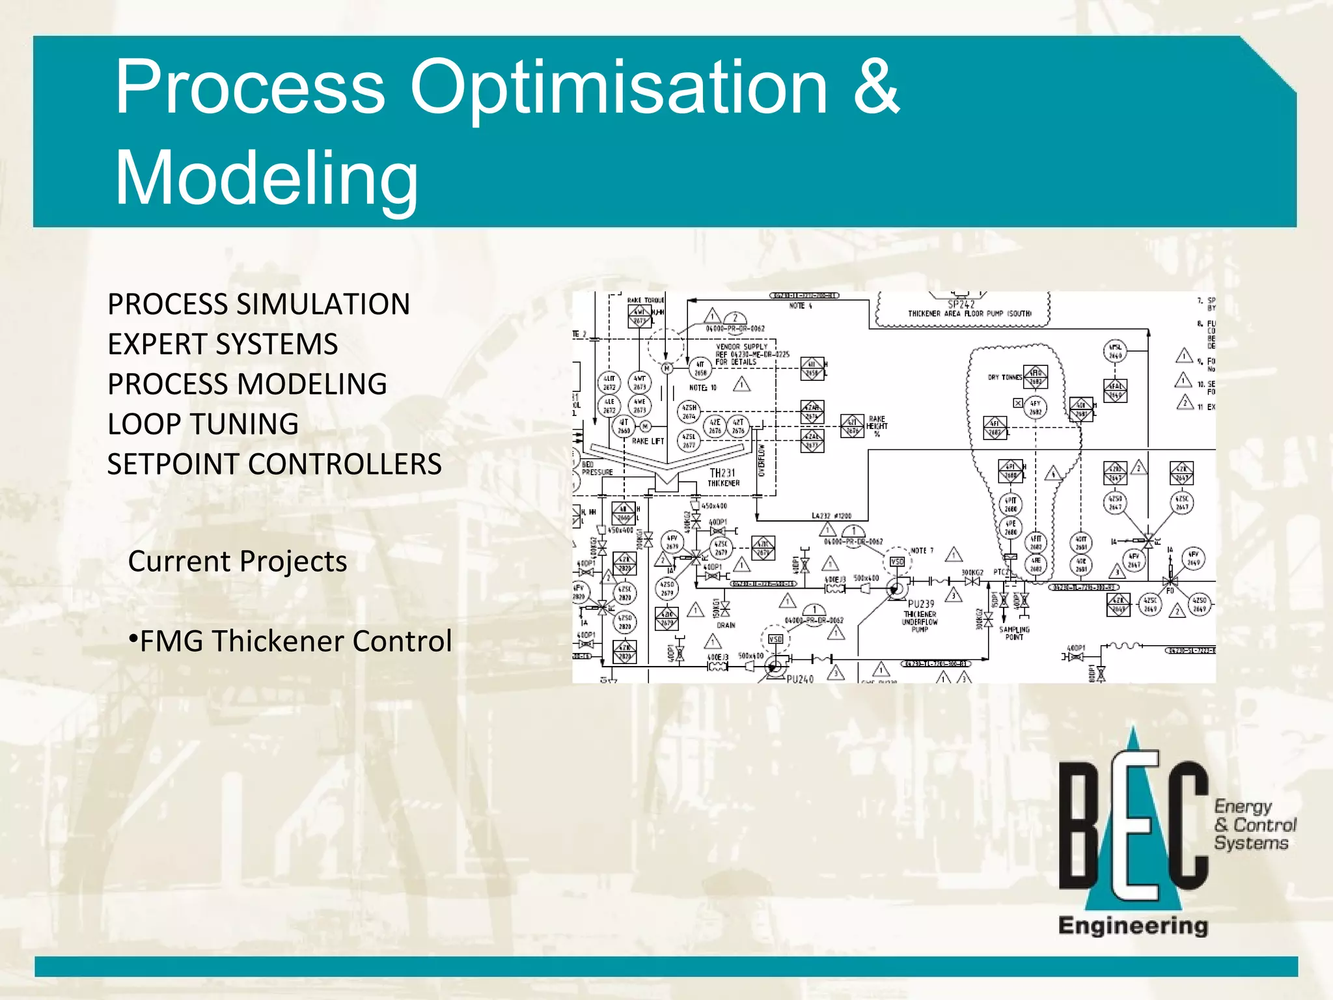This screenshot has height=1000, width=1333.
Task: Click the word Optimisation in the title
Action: pos(618,88)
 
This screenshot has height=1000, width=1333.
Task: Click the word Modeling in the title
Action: pos(267,177)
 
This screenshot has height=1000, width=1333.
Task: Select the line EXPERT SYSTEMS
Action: pos(223,344)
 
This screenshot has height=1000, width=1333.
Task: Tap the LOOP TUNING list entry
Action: pos(203,424)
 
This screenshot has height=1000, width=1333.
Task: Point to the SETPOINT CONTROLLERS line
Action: pos(274,464)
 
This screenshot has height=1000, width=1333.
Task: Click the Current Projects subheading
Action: pos(238,561)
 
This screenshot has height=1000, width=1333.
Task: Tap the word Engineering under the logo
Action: pos(1133,925)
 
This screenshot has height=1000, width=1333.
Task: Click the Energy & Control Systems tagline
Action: pos(1254,825)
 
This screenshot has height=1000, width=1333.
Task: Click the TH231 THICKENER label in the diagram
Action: pos(723,477)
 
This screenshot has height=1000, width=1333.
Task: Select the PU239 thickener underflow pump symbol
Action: pos(896,589)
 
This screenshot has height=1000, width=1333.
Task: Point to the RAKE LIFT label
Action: pos(648,441)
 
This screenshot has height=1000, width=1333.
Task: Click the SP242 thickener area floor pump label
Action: pos(962,309)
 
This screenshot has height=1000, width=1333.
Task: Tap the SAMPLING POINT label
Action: pos(1014,633)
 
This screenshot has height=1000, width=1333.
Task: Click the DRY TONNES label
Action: pos(1004,377)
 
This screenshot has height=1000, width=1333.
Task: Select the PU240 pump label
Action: pos(800,678)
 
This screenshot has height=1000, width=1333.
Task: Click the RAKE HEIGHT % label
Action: pos(877,426)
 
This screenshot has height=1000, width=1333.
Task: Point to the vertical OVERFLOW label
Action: pos(762,460)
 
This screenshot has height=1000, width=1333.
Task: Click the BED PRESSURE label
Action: pos(596,468)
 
